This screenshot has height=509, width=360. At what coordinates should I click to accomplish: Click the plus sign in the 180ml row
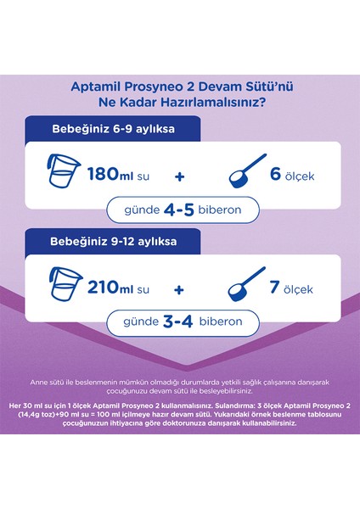coord(180,176)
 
